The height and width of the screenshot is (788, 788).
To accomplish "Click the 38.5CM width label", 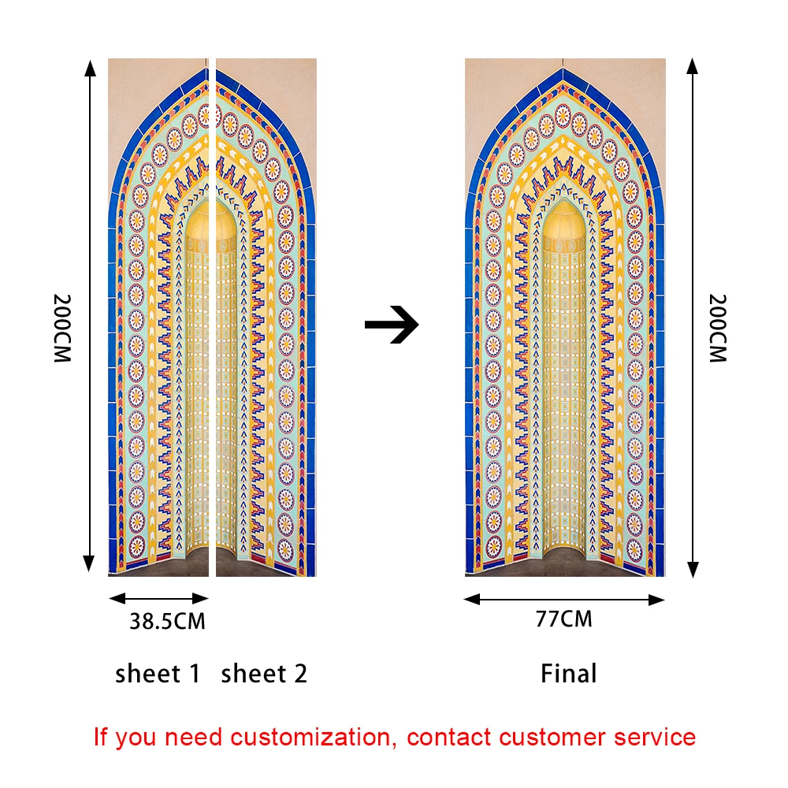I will pyautogui.click(x=167, y=622).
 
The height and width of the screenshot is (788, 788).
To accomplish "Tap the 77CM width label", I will pyautogui.click(x=563, y=619).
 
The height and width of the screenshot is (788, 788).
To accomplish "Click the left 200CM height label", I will pyautogui.click(x=62, y=328).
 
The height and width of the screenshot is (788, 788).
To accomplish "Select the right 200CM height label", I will pyautogui.click(x=716, y=328).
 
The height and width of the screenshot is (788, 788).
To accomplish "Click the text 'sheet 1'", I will pyautogui.click(x=158, y=674).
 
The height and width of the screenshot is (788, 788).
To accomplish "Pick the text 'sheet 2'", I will pyautogui.click(x=264, y=674).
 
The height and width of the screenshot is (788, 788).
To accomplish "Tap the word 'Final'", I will pyautogui.click(x=568, y=674).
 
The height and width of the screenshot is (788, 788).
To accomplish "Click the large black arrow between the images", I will pyautogui.click(x=392, y=324).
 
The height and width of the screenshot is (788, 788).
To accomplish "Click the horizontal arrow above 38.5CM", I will pyautogui.click(x=158, y=598).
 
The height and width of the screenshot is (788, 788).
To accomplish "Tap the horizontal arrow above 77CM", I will pyautogui.click(x=564, y=600).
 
